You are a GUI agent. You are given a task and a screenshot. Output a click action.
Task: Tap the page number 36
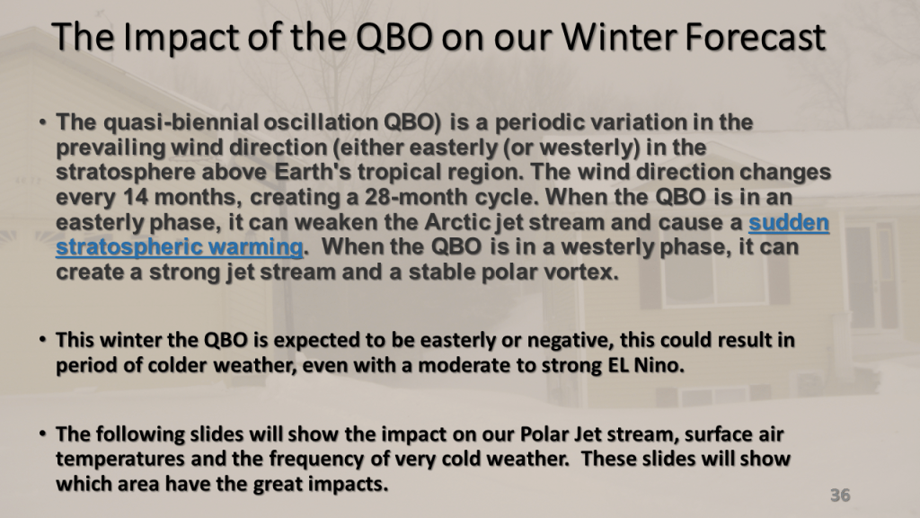(840, 496)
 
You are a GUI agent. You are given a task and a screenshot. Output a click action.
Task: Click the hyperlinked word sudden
(789, 223)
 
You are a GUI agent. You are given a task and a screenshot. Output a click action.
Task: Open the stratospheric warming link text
(180, 247)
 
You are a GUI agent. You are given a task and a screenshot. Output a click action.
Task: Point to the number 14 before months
(136, 197)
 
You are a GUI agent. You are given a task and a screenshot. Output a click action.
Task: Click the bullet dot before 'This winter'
(42, 339)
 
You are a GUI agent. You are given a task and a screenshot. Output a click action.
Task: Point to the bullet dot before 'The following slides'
(42, 434)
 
